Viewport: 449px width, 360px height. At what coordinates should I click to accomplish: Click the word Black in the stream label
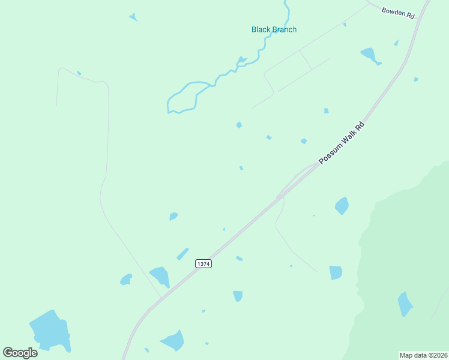tap(261, 29)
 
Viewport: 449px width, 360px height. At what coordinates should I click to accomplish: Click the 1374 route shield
tap(203, 264)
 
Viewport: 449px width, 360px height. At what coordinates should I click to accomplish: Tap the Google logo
tap(20, 352)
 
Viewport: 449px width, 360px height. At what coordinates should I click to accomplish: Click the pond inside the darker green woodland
tap(405, 304)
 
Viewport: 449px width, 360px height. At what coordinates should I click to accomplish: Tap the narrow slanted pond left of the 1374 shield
tap(182, 254)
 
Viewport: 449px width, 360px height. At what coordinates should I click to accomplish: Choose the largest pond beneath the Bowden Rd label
tap(369, 55)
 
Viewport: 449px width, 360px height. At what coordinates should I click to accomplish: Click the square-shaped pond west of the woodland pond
tap(335, 272)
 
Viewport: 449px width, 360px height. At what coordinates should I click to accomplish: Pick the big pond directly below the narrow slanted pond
tap(160, 276)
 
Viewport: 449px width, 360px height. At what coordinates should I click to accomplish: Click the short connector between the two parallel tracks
tap(305, 59)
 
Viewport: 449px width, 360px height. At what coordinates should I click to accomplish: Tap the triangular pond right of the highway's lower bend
tap(173, 341)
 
